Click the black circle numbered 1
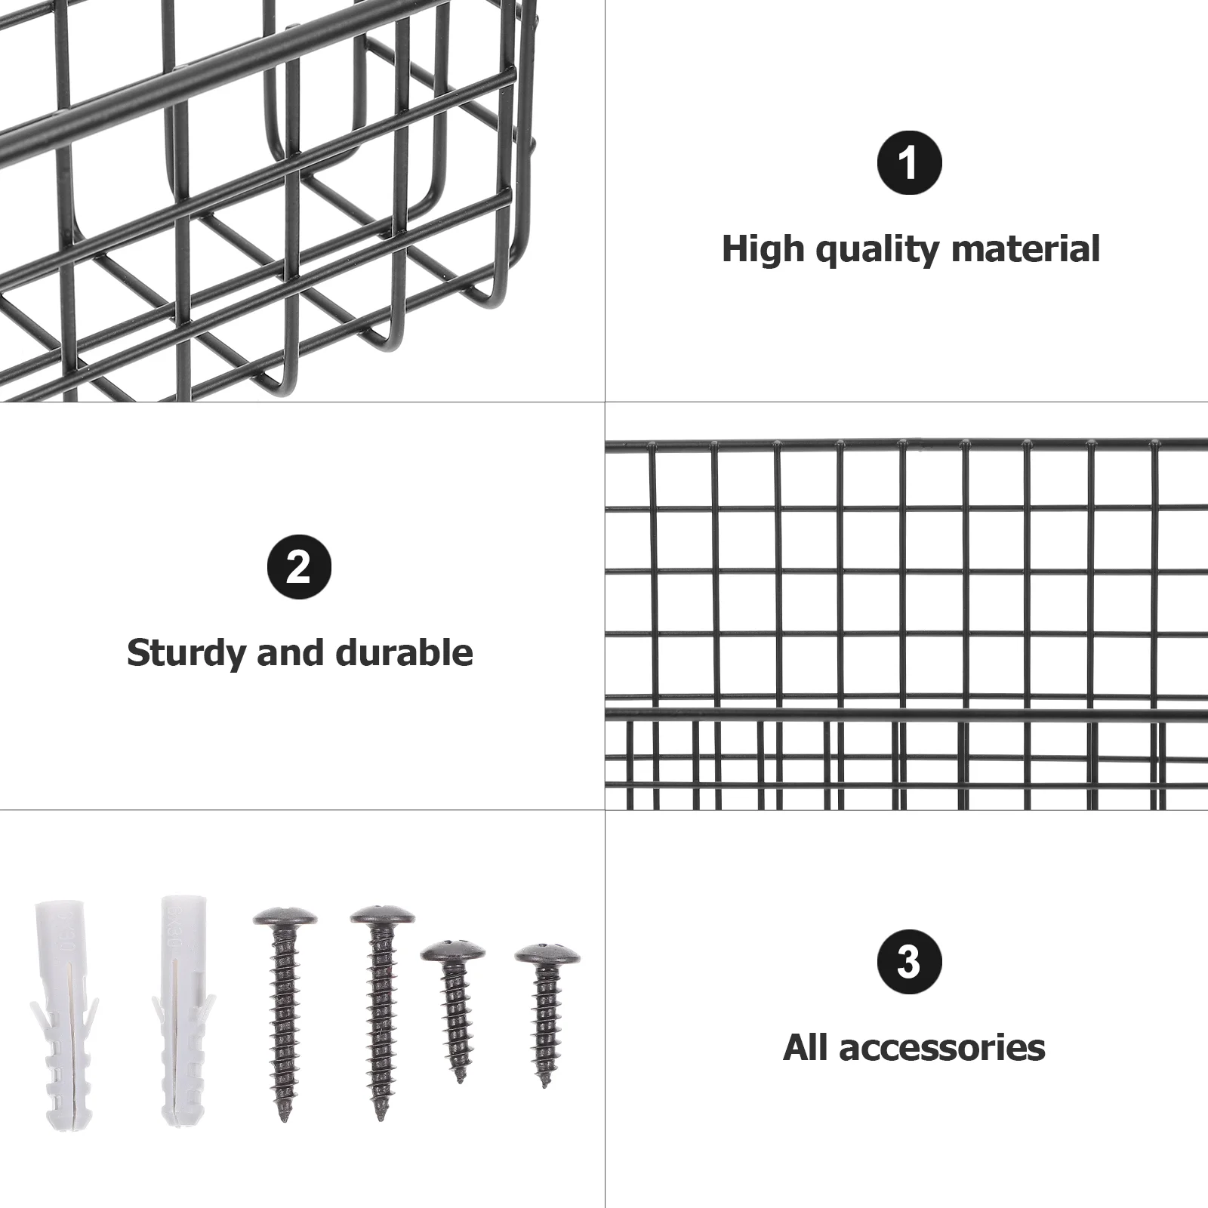pyautogui.click(x=909, y=162)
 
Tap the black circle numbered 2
pyautogui.click(x=300, y=566)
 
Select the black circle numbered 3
pyautogui.click(x=909, y=961)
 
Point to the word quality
pyautogui.click(x=878, y=250)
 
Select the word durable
pyautogui.click(x=404, y=652)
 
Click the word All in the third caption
pyautogui.click(x=806, y=1047)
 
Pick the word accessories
pyautogui.click(x=942, y=1048)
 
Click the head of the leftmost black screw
pyautogui.click(x=285, y=918)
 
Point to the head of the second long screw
pyautogui.click(x=382, y=916)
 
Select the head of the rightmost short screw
pyautogui.click(x=547, y=954)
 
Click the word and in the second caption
pyautogui.click(x=291, y=652)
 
